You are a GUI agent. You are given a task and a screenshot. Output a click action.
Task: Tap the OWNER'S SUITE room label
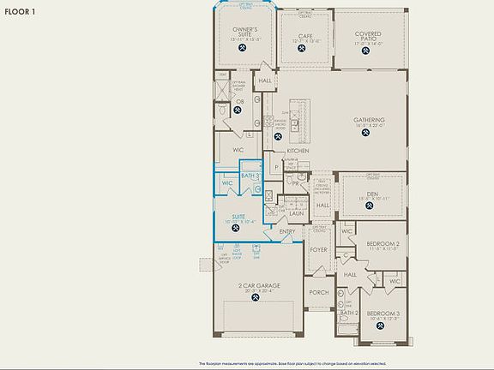pyautogui.click(x=244, y=32)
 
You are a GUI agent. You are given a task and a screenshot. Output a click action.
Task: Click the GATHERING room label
pyautogui.click(x=369, y=120)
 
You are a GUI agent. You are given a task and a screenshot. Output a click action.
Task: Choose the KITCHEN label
pyautogui.click(x=298, y=151)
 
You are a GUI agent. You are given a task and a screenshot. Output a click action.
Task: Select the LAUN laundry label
pyautogui.click(x=296, y=213)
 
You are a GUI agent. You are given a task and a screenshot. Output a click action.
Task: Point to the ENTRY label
pyautogui.click(x=286, y=231)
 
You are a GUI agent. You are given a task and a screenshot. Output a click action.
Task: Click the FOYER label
pyautogui.click(x=319, y=250)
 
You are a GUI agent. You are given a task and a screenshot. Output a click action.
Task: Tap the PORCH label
pyautogui.click(x=319, y=292)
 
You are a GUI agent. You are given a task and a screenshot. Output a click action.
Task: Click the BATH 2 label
pyautogui.click(x=347, y=313)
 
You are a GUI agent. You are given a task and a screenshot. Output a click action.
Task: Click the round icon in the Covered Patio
pyautogui.click(x=369, y=49)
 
